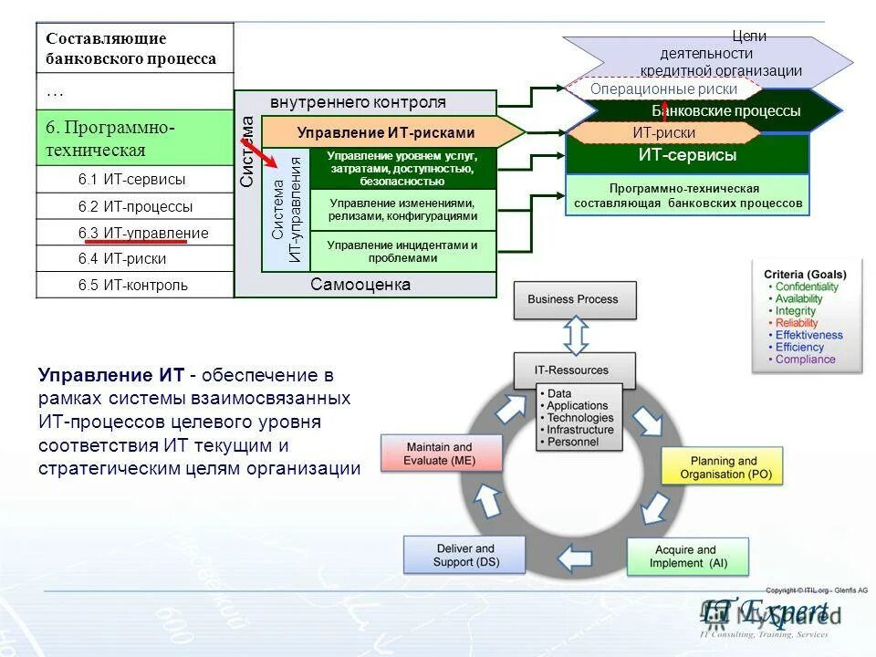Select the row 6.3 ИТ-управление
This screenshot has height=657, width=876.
135,233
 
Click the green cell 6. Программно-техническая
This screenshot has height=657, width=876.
135,138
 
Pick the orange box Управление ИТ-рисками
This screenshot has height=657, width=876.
385,132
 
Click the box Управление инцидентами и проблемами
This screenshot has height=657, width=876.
402,252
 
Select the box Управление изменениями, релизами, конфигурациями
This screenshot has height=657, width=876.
402,210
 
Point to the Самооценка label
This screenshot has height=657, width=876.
360,285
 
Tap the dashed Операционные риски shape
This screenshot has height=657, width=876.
663,89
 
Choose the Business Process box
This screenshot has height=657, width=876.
574,299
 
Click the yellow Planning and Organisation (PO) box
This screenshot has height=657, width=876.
723,468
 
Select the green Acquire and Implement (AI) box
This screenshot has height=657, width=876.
688,557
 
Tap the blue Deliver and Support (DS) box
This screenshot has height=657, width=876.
465,555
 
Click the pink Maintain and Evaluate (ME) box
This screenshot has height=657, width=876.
441,454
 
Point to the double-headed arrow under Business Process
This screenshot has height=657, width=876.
575,336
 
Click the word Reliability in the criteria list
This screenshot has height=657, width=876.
796,323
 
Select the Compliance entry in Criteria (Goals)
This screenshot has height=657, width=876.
805,360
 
